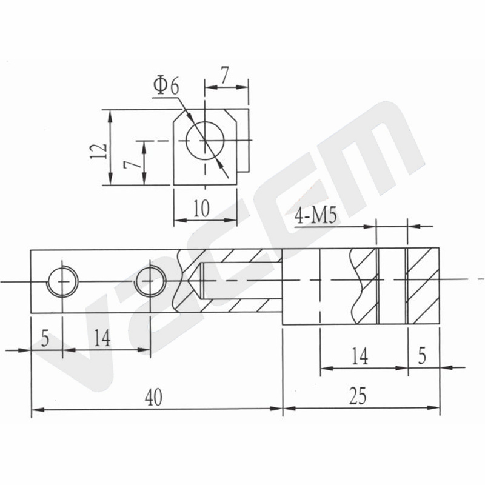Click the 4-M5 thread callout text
pos(315,216)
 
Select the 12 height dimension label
pos(99,151)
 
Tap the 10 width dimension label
pos(201,208)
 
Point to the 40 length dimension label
pos(153,397)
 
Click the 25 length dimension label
pos(358,396)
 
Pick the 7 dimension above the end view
pos(225,75)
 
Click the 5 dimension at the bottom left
pos(45,339)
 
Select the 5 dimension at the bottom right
pos(422,355)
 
